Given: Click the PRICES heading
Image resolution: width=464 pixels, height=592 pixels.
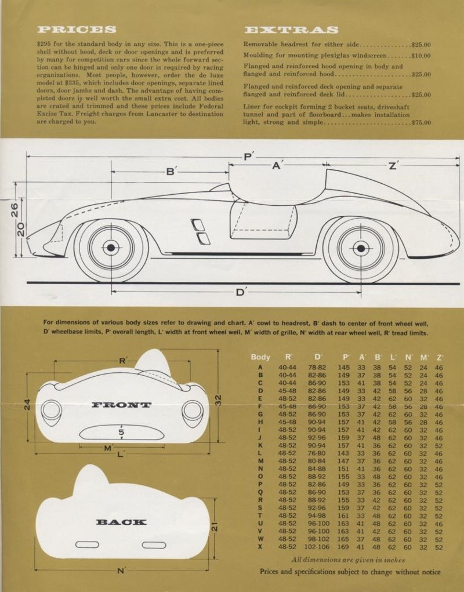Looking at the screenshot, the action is (77, 30).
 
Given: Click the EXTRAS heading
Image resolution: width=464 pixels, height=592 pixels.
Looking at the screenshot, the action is (291, 30).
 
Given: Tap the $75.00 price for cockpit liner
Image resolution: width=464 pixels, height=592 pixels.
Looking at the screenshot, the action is (421, 123).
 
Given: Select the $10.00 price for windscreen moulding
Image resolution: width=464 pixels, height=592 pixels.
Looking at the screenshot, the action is (421, 56).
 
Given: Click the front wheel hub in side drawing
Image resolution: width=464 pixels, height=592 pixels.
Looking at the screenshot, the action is (111, 248).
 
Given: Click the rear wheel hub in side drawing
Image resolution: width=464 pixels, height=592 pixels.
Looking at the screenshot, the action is (361, 248).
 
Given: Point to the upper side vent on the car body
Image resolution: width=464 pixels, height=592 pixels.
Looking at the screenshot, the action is (197, 224).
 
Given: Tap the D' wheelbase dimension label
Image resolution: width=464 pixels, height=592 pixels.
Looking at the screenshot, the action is (241, 292).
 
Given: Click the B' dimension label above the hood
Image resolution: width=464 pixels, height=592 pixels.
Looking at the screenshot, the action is (171, 172).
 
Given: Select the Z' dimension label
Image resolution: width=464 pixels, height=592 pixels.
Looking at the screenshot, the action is (393, 165).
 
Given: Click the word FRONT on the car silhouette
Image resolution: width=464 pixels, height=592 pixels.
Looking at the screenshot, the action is (121, 405).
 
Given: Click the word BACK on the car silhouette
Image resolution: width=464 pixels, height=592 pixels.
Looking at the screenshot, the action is (121, 522).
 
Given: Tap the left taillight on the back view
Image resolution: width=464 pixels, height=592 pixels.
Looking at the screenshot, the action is (87, 544).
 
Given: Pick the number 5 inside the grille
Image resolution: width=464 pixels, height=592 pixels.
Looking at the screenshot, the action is (121, 433).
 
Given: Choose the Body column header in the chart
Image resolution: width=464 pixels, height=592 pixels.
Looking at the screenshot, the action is (260, 357).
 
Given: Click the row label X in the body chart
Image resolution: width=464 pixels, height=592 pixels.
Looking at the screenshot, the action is (260, 547).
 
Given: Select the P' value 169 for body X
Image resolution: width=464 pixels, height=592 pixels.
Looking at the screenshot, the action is (343, 547).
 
